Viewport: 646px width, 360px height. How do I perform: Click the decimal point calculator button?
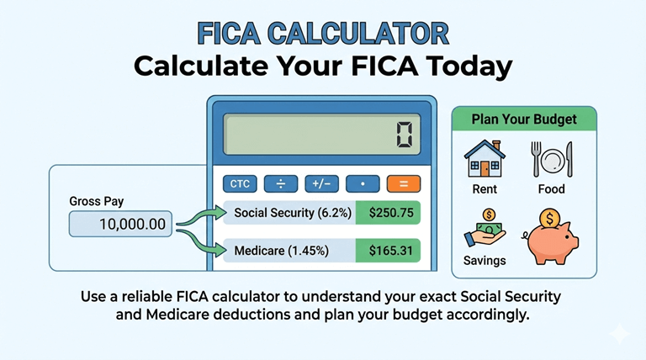362,183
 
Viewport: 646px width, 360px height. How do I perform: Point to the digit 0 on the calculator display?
405,135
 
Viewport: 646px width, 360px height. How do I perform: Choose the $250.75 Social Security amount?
388,213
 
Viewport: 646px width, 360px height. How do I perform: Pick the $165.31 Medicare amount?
388,250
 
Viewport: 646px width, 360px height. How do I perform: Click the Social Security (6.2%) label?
290,213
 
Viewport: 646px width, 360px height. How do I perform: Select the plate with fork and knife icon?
551,159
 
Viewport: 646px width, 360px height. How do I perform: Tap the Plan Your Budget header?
524,119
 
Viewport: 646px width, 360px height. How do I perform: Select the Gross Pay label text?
97,203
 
